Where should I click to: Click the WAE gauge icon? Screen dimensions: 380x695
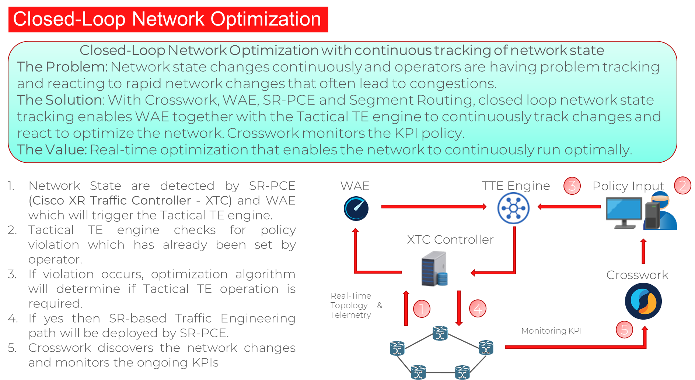[x=356, y=208]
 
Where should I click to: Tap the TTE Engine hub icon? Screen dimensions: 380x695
[x=513, y=208]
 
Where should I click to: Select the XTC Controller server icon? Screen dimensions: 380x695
[x=434, y=269]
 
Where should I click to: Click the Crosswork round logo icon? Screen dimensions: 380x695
[x=643, y=301]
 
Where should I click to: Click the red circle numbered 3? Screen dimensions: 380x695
[x=572, y=186]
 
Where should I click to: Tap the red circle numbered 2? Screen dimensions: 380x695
[x=682, y=185]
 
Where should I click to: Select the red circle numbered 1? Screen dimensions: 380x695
[x=422, y=309]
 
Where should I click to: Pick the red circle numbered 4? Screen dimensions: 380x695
[x=478, y=309]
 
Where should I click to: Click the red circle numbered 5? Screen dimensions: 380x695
[x=624, y=329]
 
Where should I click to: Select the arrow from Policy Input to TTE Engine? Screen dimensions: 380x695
[x=569, y=207]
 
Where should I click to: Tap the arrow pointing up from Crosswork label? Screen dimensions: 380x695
[x=643, y=251]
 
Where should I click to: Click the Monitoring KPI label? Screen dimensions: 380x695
[x=551, y=331]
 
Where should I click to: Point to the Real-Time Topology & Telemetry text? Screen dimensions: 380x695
[x=351, y=305]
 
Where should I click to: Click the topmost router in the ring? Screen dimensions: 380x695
[x=440, y=333]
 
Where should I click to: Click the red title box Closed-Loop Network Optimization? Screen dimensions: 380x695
[x=168, y=19]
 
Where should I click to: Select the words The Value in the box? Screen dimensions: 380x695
[x=51, y=150]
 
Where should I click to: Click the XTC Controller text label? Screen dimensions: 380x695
[x=450, y=240]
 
